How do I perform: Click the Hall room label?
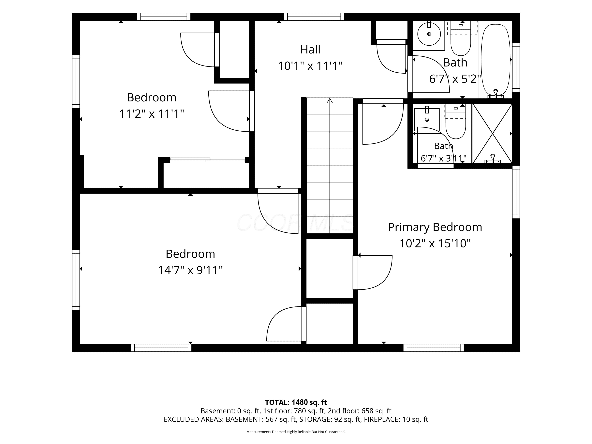tap(310, 50)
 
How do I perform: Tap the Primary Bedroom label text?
tap(435, 227)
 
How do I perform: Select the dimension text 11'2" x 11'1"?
tap(152, 114)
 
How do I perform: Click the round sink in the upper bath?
tap(429, 34)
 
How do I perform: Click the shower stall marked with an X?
tap(492, 133)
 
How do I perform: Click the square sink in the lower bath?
tap(427, 120)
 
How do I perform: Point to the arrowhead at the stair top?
tap(330, 101)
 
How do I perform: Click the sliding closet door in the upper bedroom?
tap(208, 160)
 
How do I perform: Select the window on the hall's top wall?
tap(314, 17)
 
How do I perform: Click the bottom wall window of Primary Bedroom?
tap(434, 348)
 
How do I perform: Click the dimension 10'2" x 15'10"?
tap(435, 244)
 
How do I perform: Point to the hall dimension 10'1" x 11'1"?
tap(310, 66)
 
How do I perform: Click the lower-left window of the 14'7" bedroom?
tap(76, 280)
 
